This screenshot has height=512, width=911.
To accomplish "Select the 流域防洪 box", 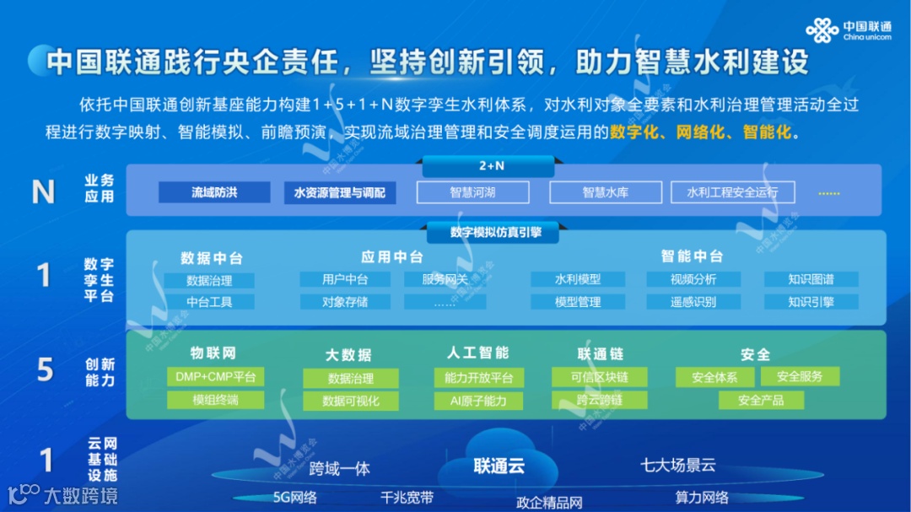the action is (x=214, y=192).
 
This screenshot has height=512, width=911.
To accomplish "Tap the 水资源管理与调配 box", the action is (x=339, y=192).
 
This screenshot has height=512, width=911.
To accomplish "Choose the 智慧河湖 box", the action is (x=472, y=192).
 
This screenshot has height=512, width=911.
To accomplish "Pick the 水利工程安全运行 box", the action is (x=732, y=192).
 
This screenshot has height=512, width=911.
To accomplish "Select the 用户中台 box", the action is (x=345, y=279).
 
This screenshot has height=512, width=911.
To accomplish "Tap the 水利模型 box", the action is (x=578, y=279).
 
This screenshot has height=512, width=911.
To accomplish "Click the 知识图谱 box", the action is (x=811, y=279).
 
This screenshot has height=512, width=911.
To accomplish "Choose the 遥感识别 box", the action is (x=693, y=301).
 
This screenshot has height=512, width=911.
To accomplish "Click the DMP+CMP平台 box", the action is (x=215, y=377).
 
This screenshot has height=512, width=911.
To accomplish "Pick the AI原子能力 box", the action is (x=478, y=401).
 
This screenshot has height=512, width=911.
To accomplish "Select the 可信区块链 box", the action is (x=600, y=377).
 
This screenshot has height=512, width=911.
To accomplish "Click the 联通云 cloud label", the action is (x=499, y=466).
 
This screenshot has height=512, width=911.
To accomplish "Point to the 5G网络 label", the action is (x=295, y=497).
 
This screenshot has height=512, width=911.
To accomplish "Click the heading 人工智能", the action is (x=478, y=353).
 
